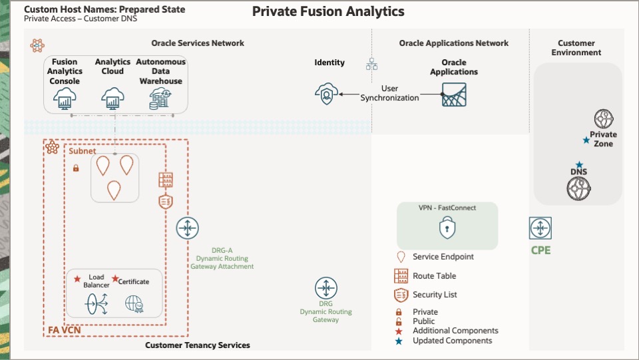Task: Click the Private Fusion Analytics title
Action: [328, 12]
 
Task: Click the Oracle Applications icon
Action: [454, 95]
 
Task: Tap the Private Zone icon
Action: [604, 119]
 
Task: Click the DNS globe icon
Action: [579, 188]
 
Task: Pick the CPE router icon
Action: [540, 229]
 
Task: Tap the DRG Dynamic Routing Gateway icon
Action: [325, 289]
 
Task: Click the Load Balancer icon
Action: [97, 303]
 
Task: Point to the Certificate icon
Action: [134, 304]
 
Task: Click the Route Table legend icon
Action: [401, 275]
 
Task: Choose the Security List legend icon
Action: [401, 295]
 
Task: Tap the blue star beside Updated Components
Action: [399, 341]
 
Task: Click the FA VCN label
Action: [63, 330]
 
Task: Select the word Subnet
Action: [83, 151]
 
